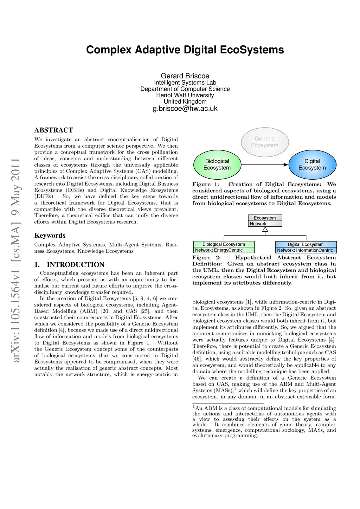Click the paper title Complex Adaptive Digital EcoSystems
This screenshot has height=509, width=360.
click(x=185, y=50)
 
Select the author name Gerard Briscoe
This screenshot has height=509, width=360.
click(x=185, y=76)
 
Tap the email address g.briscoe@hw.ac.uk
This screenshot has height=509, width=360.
click(x=185, y=109)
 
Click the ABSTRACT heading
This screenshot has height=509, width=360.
click(x=54, y=130)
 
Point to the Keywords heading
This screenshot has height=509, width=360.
click(x=50, y=236)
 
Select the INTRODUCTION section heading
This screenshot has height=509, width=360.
click(x=76, y=265)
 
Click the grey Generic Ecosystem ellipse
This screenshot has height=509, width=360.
click(x=265, y=142)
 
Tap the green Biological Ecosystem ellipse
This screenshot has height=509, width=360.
click(x=217, y=165)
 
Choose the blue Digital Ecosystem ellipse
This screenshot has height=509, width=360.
click(x=312, y=165)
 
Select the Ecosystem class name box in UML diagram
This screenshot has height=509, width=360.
click(x=265, y=218)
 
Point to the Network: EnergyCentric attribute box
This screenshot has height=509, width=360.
click(x=224, y=250)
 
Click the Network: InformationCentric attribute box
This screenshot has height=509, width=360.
click(x=306, y=250)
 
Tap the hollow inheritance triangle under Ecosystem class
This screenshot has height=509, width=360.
click(x=265, y=230)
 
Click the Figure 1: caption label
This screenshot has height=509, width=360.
click(x=206, y=185)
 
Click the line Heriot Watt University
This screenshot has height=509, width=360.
click(x=185, y=95)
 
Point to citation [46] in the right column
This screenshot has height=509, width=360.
click(x=197, y=359)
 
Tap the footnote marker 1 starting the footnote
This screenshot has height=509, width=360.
click(x=194, y=407)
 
